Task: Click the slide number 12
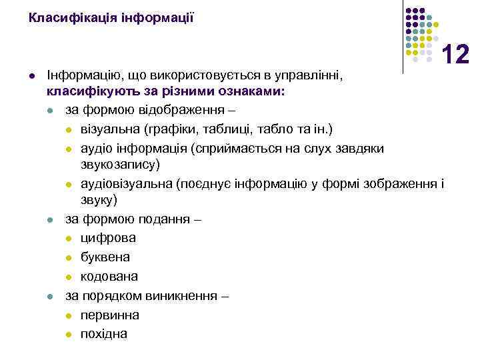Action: tap(457, 54)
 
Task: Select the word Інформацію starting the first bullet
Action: tap(78, 77)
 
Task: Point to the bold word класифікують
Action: tap(83, 92)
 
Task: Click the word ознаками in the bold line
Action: tap(257, 92)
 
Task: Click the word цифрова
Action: tap(109, 237)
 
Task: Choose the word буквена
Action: tap(105, 257)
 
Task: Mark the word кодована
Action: tap(109, 276)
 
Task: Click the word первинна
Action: tap(110, 314)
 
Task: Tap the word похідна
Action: tap(104, 333)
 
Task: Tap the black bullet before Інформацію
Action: tap(31, 77)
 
